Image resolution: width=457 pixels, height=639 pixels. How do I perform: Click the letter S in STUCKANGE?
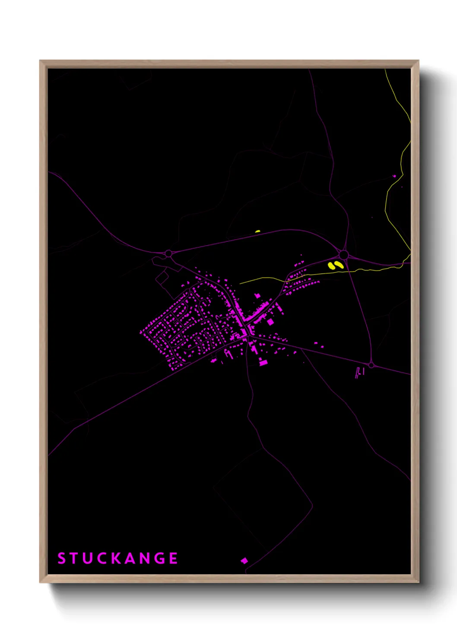(x=61, y=558)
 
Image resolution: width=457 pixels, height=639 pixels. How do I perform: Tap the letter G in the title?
(x=160, y=558)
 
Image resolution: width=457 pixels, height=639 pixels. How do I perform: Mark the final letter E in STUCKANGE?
(x=173, y=558)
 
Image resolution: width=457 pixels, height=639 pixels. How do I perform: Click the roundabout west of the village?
(x=168, y=253)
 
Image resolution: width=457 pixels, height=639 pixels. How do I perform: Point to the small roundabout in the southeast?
(x=371, y=365)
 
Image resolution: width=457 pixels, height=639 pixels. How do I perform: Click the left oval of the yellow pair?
(x=332, y=266)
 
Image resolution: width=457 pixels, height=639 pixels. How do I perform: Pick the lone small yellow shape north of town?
(x=257, y=231)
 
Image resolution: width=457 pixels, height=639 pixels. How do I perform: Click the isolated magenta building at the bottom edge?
(x=244, y=560)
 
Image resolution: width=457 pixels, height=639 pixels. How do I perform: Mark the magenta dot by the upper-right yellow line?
(x=394, y=176)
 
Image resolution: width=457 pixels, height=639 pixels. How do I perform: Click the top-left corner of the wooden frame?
(x=40, y=61)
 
